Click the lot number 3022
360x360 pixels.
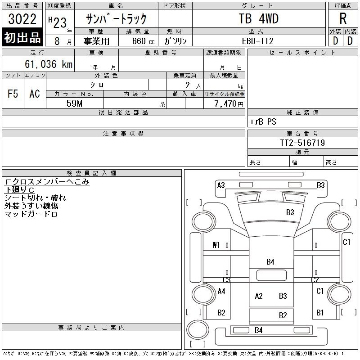click(x=22, y=19)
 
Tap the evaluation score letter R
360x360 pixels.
click(x=343, y=18)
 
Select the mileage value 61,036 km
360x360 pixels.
click(x=49, y=64)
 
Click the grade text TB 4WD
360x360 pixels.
click(x=258, y=18)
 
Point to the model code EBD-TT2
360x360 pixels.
click(x=257, y=41)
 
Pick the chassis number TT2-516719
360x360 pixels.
click(x=302, y=143)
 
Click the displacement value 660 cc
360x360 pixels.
click(x=143, y=41)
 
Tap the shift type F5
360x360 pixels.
click(x=13, y=94)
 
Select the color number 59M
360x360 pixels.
click(x=74, y=103)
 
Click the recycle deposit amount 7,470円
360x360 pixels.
click(x=229, y=104)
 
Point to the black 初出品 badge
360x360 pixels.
click(x=22, y=37)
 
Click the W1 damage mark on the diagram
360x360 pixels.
click(x=216, y=245)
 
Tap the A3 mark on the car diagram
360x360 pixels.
click(x=221, y=185)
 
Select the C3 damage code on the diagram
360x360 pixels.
click(x=227, y=279)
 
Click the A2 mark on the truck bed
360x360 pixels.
click(x=258, y=296)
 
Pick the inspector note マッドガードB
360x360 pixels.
click(x=31, y=214)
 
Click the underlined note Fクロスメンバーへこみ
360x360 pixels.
click(x=47, y=182)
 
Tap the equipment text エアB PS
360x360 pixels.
click(x=263, y=121)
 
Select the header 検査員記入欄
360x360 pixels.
click(x=91, y=173)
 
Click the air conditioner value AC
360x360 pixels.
click(x=35, y=94)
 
